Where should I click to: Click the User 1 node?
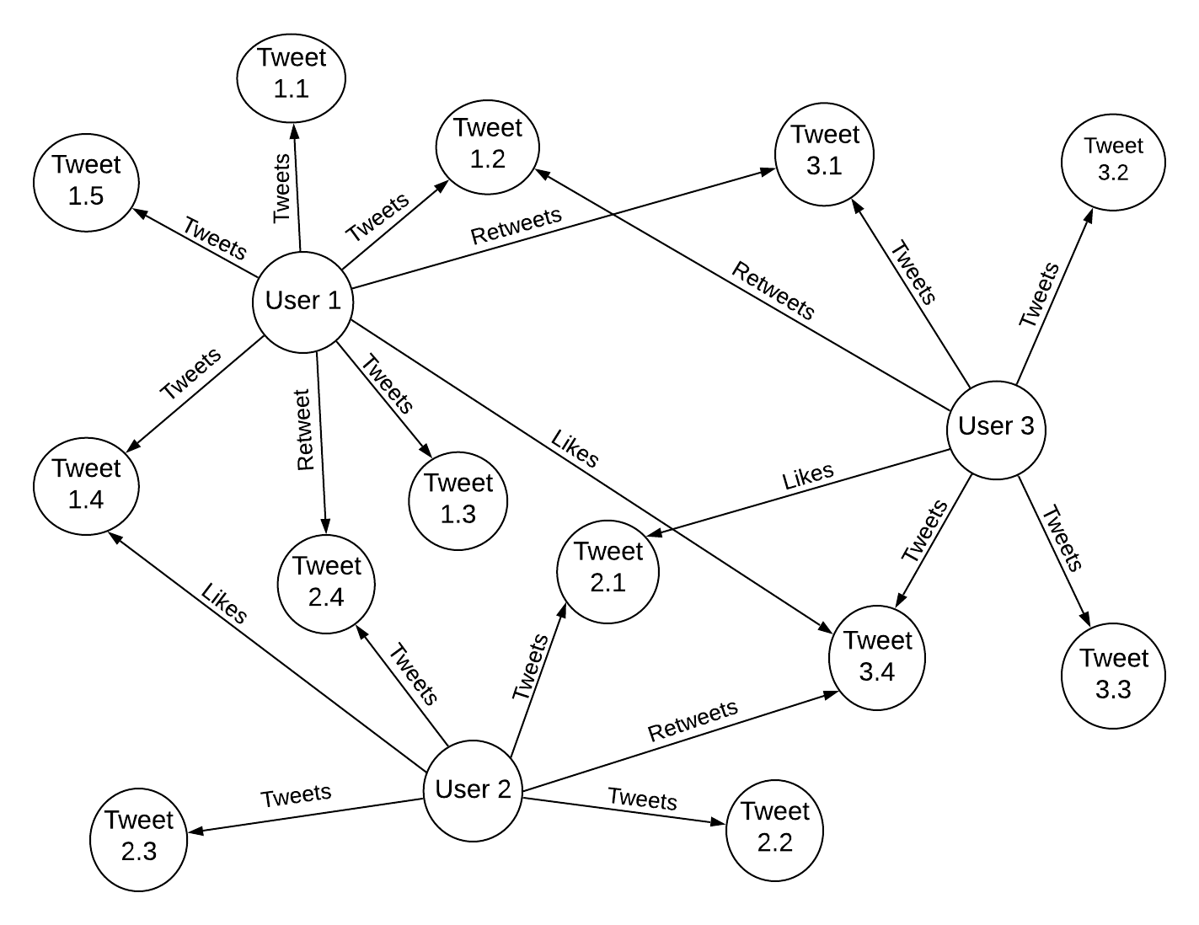click(302, 301)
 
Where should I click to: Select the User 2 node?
click(473, 790)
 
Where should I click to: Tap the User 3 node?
click(996, 428)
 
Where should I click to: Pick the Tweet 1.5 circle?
click(86, 181)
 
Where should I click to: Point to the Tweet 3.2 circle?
click(1113, 160)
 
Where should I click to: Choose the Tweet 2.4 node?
click(326, 582)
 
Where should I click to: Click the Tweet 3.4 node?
click(877, 656)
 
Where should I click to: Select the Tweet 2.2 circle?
click(774, 828)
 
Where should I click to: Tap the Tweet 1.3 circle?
click(458, 500)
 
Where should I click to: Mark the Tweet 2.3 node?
click(138, 836)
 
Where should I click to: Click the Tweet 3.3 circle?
click(1113, 674)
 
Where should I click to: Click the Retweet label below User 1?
click(304, 430)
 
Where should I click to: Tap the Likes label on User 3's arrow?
click(808, 476)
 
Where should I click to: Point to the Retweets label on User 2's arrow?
click(693, 720)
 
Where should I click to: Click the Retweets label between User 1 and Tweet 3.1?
click(516, 226)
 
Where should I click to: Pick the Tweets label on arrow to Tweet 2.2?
click(642, 798)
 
